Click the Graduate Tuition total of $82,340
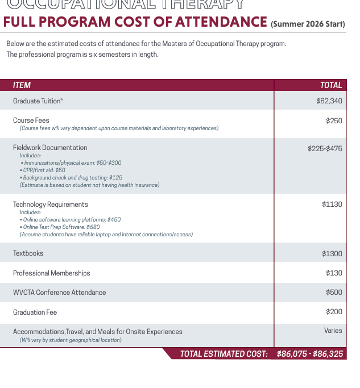tap(329, 101)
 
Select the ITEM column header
tap(22, 85)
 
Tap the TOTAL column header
tap(331, 85)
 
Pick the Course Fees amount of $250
tap(334, 121)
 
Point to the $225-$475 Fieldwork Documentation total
tap(325, 149)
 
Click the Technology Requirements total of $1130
tap(332, 205)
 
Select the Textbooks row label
tap(28, 253)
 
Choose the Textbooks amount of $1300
tap(332, 254)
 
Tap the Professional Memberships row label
tap(51, 273)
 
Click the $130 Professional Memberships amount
tap(334, 273)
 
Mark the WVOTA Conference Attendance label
tap(59, 293)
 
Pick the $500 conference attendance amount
tap(334, 293)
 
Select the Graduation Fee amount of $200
tap(334, 312)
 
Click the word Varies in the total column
tap(333, 330)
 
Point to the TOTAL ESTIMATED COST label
tap(224, 354)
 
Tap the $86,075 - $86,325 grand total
tap(310, 354)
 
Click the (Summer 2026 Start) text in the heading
tap(308, 24)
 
